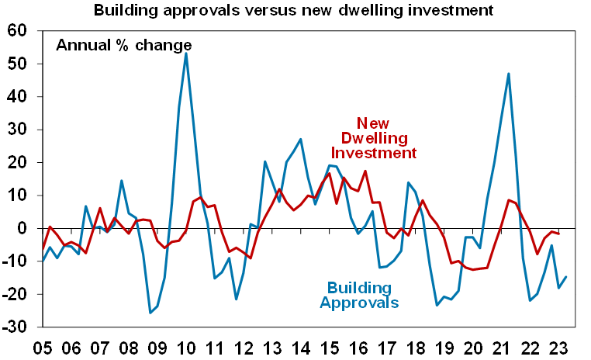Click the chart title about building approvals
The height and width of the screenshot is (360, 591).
294,12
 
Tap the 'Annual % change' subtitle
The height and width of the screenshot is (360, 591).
123,45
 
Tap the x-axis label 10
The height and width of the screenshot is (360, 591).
186,346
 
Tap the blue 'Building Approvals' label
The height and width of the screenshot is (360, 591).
360,294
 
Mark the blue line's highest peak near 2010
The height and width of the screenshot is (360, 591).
186,54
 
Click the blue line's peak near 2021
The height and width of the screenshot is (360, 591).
508,74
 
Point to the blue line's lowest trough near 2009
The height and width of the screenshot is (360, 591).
150,313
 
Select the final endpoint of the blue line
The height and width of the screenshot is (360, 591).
566,277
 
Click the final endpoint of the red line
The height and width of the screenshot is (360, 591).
559,234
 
